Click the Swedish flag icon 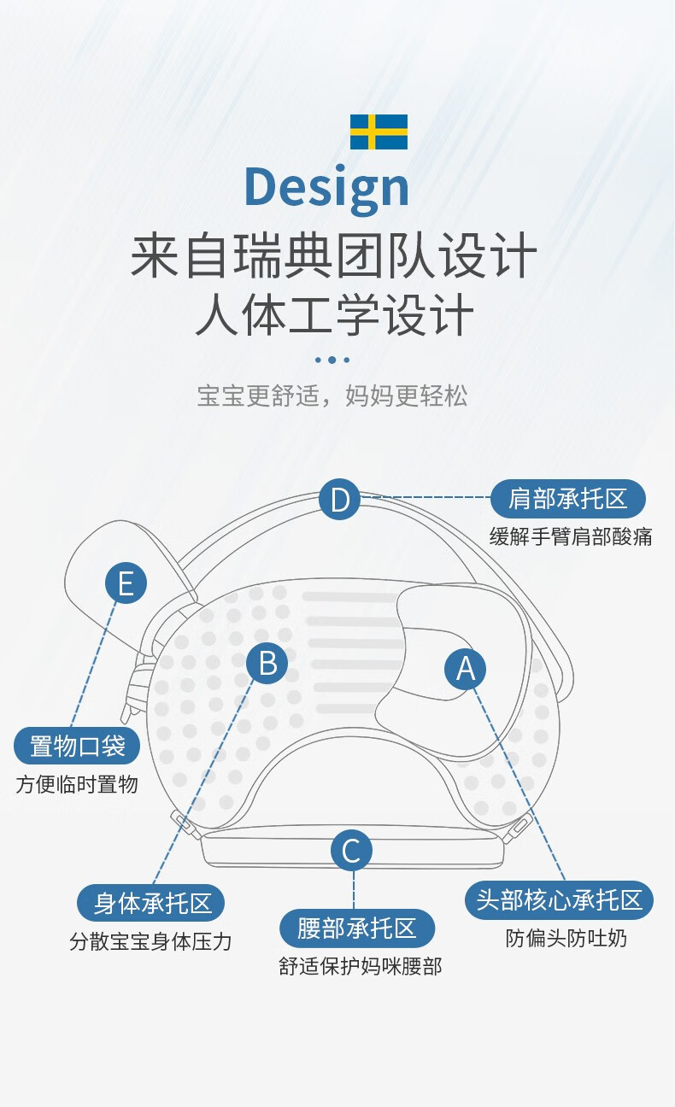[379, 132]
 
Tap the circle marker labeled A [466, 669]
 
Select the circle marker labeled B [267, 663]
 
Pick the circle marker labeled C [351, 851]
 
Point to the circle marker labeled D [340, 499]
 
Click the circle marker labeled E [126, 583]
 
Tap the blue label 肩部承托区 [568, 499]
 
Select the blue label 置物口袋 [77, 746]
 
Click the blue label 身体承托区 [151, 903]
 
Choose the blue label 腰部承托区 [357, 928]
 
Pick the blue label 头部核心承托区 [559, 900]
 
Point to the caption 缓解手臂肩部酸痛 [571, 536]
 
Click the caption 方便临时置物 [77, 784]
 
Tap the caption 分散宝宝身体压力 [151, 941]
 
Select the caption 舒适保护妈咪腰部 [360, 966]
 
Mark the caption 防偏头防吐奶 [566, 938]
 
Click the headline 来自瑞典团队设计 [334, 255]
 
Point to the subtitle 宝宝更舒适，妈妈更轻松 [332, 395]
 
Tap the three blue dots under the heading [332, 360]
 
